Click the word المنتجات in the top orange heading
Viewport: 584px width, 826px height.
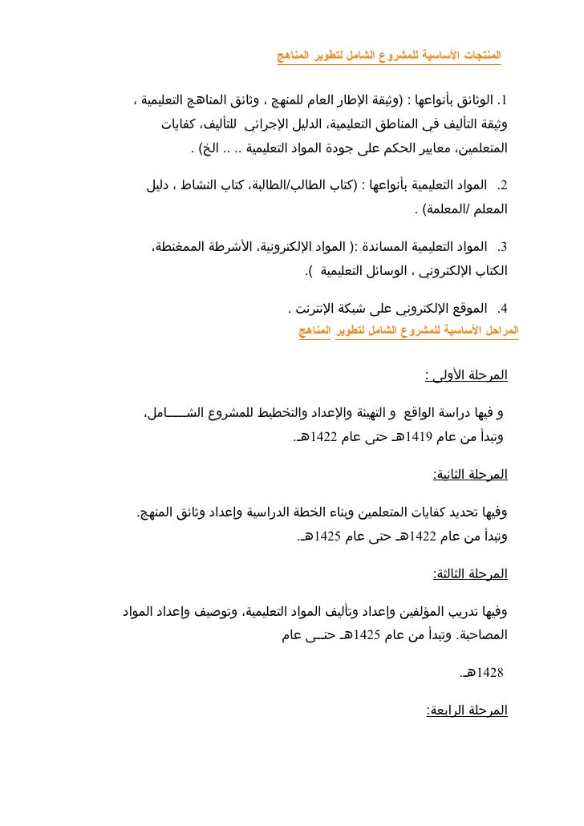[x=481, y=56]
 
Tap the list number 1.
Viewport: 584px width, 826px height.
[x=504, y=102]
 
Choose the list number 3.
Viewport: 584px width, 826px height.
[x=504, y=246]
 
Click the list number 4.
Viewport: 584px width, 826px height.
[x=504, y=308]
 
